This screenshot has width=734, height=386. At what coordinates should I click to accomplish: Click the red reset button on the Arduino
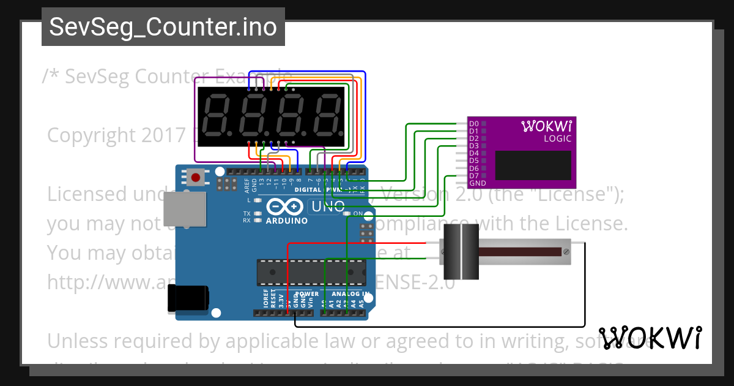click(196, 178)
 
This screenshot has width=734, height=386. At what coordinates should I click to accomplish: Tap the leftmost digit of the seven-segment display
click(216, 116)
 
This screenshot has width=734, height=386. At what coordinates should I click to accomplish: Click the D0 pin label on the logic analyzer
click(473, 124)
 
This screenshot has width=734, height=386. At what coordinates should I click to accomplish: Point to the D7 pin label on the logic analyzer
click(473, 176)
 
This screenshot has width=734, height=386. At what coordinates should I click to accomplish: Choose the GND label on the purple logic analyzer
click(477, 183)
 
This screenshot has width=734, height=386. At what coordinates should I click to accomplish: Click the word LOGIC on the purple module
click(557, 138)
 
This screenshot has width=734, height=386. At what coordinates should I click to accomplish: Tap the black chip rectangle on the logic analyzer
click(533, 165)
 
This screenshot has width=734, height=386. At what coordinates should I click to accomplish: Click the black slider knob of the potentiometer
click(459, 252)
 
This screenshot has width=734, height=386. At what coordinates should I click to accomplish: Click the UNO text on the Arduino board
click(328, 206)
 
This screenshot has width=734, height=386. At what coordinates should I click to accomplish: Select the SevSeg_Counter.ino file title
click(163, 27)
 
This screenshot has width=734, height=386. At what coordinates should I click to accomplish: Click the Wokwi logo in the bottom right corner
click(650, 338)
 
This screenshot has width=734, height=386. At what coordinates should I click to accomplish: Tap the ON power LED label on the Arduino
click(357, 213)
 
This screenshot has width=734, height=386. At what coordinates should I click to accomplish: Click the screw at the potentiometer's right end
click(566, 252)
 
